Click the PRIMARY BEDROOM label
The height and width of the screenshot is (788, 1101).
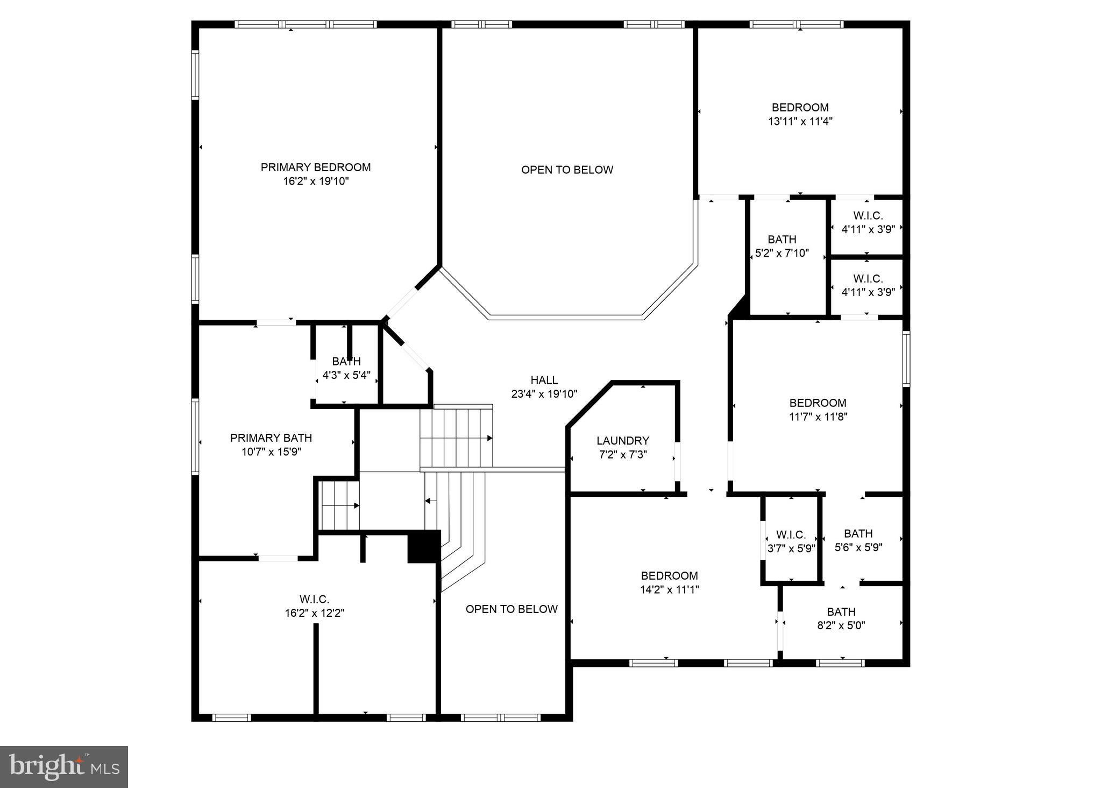tap(316, 167)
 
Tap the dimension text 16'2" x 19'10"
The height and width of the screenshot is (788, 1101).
tap(316, 181)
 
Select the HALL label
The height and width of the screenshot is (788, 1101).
tap(544, 380)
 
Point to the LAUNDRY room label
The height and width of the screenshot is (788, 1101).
tap(622, 440)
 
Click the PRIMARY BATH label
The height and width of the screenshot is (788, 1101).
tap(271, 438)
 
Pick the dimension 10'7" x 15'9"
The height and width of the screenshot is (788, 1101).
tap(271, 452)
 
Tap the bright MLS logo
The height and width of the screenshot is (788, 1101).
tap(64, 766)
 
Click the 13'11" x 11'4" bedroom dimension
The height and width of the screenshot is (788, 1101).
tap(800, 122)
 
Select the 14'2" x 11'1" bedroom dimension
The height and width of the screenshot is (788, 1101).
tap(669, 589)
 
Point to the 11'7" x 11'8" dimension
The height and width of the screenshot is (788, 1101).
tap(818, 417)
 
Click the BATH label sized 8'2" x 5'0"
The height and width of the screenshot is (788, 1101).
tap(841, 611)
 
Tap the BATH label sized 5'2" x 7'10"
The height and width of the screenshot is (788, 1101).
tap(782, 239)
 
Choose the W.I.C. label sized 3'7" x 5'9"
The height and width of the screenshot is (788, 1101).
tap(791, 534)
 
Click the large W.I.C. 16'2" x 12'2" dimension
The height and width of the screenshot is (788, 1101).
tap(315, 613)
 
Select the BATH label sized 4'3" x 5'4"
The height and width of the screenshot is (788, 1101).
tap(346, 361)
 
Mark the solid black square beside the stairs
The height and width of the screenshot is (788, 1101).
tap(424, 546)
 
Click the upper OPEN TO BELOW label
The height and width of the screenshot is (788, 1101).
tap(567, 170)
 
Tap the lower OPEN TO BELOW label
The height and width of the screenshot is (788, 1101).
tap(512, 609)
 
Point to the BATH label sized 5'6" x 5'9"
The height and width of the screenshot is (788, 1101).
tap(858, 533)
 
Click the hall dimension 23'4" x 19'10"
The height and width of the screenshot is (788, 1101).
tap(544, 394)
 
